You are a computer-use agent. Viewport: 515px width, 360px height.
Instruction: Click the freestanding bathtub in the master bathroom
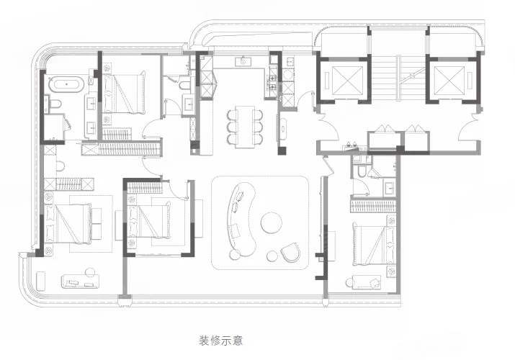click(67, 84)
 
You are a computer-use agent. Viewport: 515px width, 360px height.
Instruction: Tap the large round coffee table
click(272, 222)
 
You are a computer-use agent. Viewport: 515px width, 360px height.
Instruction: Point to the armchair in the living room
click(291, 253)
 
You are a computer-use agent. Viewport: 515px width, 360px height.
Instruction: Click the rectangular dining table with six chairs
click(245, 127)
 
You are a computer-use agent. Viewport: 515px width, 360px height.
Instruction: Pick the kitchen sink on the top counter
click(243, 61)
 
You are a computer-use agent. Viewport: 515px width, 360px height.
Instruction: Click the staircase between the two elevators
click(398, 78)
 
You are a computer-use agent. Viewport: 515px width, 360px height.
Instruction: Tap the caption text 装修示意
click(221, 341)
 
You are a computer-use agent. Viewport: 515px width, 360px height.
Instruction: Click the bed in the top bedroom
click(123, 94)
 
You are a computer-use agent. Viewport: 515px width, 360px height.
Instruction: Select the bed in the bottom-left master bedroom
click(68, 224)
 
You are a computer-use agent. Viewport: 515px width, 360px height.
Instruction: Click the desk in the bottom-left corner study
click(81, 282)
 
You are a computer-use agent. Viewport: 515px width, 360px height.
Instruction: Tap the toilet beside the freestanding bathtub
click(55, 104)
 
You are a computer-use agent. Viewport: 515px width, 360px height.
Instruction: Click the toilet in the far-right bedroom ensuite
click(362, 171)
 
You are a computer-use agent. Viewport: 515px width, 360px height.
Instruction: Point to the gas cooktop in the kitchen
click(272, 83)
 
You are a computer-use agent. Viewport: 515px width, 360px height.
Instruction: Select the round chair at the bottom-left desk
click(89, 272)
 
